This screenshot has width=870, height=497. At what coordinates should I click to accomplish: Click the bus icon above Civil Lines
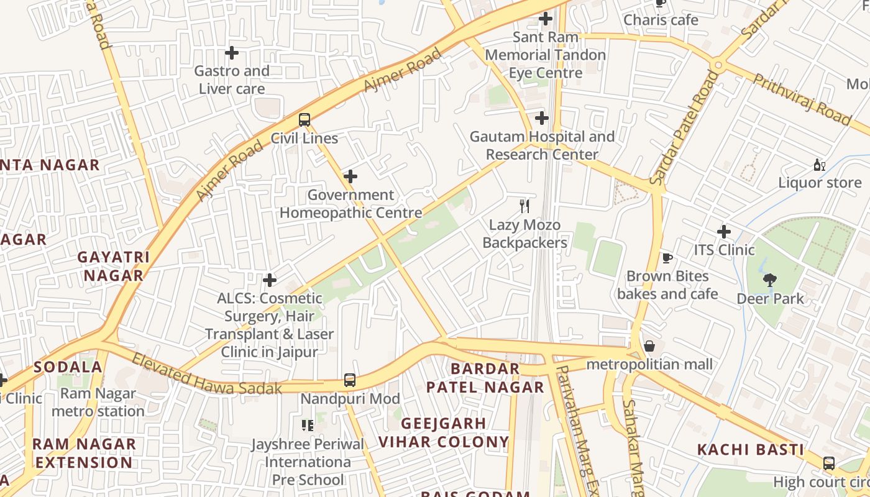(304, 120)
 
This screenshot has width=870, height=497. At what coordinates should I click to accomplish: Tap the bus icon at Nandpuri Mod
(350, 380)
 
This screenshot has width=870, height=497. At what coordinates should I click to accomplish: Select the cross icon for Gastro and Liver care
(232, 53)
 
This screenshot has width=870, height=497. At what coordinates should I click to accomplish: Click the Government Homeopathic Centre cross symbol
(350, 176)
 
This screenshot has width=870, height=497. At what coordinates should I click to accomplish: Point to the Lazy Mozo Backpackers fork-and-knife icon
(525, 206)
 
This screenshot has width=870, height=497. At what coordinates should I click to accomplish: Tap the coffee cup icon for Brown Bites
(667, 258)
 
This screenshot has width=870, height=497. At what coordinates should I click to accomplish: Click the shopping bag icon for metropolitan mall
(649, 346)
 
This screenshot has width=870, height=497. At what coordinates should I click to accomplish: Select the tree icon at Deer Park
(770, 280)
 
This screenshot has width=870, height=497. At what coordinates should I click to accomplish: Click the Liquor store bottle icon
(819, 165)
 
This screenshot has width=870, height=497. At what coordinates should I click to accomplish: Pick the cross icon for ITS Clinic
(724, 232)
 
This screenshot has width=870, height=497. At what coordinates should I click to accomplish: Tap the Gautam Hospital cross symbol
(542, 118)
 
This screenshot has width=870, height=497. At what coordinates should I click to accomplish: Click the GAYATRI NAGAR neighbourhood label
(114, 266)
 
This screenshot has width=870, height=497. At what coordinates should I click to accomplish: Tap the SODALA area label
(68, 367)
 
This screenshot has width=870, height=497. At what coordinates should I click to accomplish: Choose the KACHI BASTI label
(750, 449)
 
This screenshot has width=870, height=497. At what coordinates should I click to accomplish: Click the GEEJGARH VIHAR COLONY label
(444, 433)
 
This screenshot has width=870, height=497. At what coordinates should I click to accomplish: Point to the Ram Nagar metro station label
(98, 402)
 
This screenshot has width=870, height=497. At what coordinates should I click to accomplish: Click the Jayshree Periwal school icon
(307, 426)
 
